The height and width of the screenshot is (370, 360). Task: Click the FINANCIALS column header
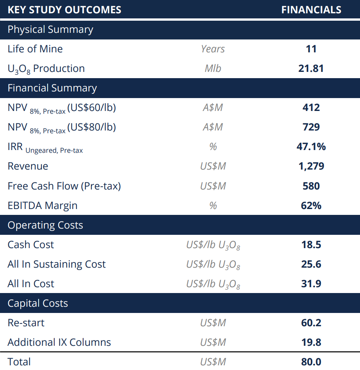coord(311,10)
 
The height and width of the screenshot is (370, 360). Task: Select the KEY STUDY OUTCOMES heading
coord(64,10)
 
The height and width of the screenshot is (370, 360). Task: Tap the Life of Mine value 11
coord(311,49)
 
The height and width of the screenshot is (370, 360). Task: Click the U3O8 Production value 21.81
coord(311,68)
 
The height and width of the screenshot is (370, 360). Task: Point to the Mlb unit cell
coord(213,68)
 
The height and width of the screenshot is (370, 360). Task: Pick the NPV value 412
coord(311,107)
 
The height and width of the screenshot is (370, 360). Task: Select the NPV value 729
coord(311,127)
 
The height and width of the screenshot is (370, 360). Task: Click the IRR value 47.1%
coord(311,147)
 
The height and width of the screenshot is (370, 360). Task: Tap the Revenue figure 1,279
coord(311,166)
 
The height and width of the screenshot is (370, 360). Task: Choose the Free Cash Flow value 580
coord(311,186)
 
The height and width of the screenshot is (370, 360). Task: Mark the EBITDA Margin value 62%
coord(311,206)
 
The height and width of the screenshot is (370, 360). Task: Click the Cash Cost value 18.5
coord(311,245)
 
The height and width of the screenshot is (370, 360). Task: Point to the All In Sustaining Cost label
coord(57,264)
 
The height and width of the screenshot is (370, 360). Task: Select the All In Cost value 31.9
coord(311,284)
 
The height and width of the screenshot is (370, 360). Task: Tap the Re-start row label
coord(26,323)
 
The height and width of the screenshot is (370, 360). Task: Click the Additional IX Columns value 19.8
coord(311,342)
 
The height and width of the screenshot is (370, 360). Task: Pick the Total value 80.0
coord(311,362)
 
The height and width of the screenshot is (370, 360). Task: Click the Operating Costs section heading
coord(45,225)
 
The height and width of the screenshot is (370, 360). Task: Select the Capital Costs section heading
coord(38,303)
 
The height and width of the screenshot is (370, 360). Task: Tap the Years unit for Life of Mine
coord(213,49)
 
